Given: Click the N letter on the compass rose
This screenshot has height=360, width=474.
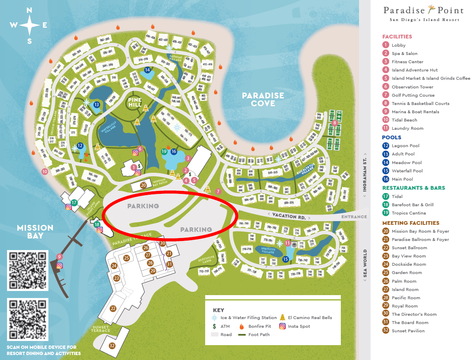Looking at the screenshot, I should (29, 11).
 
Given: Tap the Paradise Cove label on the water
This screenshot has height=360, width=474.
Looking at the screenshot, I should (263, 99).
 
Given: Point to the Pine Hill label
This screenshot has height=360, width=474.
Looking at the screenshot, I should (135, 102).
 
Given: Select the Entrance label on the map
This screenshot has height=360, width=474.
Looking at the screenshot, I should (354, 217).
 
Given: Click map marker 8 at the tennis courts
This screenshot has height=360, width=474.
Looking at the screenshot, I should (335, 123).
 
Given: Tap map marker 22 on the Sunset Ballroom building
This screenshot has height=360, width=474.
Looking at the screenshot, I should (113, 308).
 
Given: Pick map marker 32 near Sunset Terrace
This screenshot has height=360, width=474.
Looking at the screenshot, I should (112, 346).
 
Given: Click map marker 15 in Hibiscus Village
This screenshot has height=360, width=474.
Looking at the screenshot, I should (285, 259).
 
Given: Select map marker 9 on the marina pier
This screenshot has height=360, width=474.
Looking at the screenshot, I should (59, 257).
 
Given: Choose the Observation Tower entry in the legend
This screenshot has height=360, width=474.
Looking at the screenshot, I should (412, 87).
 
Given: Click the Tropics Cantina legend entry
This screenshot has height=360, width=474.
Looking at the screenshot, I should (408, 213).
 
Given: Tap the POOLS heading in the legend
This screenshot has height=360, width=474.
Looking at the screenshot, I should (391, 137).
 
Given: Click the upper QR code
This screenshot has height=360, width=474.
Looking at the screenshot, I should (28, 270).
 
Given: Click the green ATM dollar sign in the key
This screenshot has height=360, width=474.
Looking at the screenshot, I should (214, 326).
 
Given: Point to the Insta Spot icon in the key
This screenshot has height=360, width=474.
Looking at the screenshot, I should (282, 326).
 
